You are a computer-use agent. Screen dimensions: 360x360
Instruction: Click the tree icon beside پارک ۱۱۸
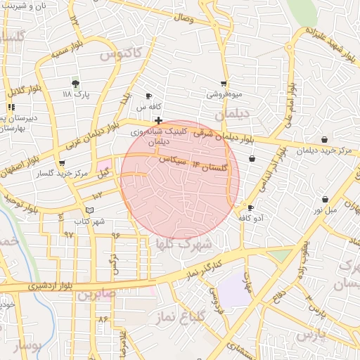76,83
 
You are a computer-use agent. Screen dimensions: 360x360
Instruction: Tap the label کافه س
144,107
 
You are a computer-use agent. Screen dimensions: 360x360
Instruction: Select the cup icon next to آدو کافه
250,207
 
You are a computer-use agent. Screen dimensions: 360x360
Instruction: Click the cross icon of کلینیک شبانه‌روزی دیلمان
159,120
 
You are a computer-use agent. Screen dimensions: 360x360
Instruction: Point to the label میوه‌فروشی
224,94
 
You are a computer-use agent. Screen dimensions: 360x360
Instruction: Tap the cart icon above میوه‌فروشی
224,84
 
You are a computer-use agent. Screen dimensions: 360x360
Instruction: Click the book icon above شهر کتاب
89,210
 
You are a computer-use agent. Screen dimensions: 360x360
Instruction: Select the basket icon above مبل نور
325,199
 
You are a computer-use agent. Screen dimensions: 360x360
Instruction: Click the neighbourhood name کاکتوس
120,53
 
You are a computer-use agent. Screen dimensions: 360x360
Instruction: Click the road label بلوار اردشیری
50,286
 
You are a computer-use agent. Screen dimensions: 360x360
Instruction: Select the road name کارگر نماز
204,268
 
